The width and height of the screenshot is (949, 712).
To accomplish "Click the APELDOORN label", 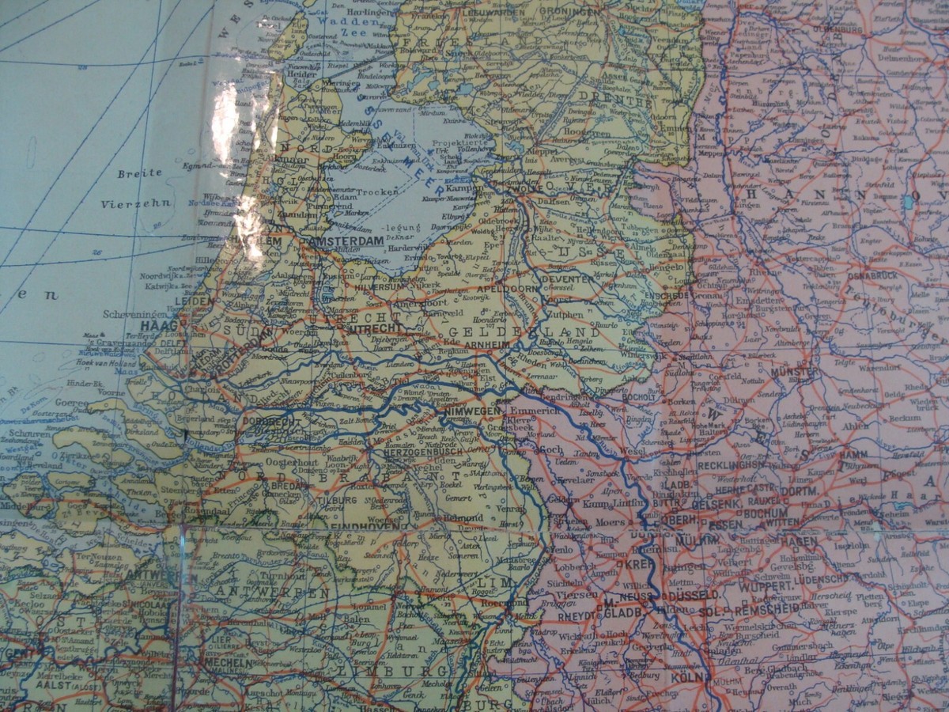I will (509, 290).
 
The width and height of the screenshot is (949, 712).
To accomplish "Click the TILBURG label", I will (338, 500).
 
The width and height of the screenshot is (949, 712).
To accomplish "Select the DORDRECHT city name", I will (270, 422).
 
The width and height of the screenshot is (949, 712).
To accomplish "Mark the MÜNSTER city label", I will (793, 371).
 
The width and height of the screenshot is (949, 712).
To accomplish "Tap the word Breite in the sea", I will (139, 172).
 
